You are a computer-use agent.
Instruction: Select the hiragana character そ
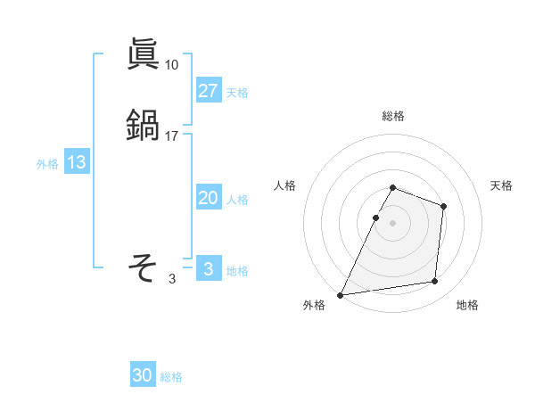click(143, 267)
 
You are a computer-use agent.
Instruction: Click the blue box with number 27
click(209, 91)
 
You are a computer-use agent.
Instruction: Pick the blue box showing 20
click(209, 199)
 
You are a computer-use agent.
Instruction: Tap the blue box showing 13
click(77, 163)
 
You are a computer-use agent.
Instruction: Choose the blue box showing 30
click(143, 376)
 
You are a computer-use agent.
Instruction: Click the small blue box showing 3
click(209, 269)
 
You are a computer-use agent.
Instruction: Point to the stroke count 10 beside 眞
click(171, 64)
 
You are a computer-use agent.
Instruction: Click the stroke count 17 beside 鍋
click(171, 136)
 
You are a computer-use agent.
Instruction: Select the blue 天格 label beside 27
click(237, 92)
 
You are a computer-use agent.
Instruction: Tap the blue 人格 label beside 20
click(237, 200)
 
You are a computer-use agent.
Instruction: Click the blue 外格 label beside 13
click(47, 164)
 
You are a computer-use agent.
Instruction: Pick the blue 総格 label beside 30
click(171, 377)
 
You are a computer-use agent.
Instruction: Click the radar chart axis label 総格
click(393, 116)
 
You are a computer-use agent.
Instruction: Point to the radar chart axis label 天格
click(501, 185)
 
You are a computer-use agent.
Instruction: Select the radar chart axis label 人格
click(285, 185)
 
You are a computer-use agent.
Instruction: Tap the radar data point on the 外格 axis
click(340, 295)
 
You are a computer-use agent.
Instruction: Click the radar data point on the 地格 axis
click(435, 282)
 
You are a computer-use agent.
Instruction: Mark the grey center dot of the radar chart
click(393, 223)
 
